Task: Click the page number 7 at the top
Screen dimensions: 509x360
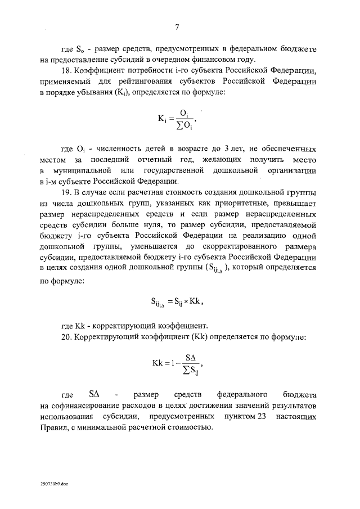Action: click(177, 27)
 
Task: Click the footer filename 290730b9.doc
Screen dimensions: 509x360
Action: click(53, 483)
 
